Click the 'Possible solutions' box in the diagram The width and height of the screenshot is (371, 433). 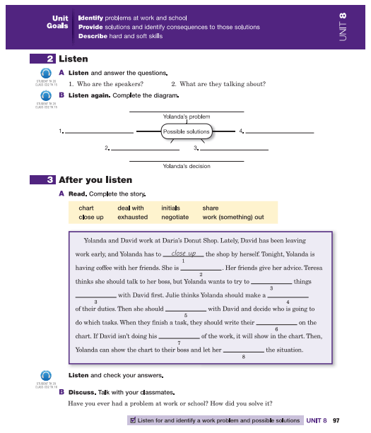[x=187, y=131]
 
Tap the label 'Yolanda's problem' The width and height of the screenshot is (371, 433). [x=187, y=116]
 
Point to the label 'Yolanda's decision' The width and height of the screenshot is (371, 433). [x=187, y=166]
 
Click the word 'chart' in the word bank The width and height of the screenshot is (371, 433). [x=86, y=208]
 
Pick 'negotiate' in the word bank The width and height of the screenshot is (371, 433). [x=175, y=218]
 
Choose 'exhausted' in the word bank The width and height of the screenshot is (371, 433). [x=133, y=218]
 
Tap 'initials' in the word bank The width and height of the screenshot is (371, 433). [x=170, y=208]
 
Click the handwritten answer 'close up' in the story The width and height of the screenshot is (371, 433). [x=184, y=253]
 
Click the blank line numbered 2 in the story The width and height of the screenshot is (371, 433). [x=201, y=269]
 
